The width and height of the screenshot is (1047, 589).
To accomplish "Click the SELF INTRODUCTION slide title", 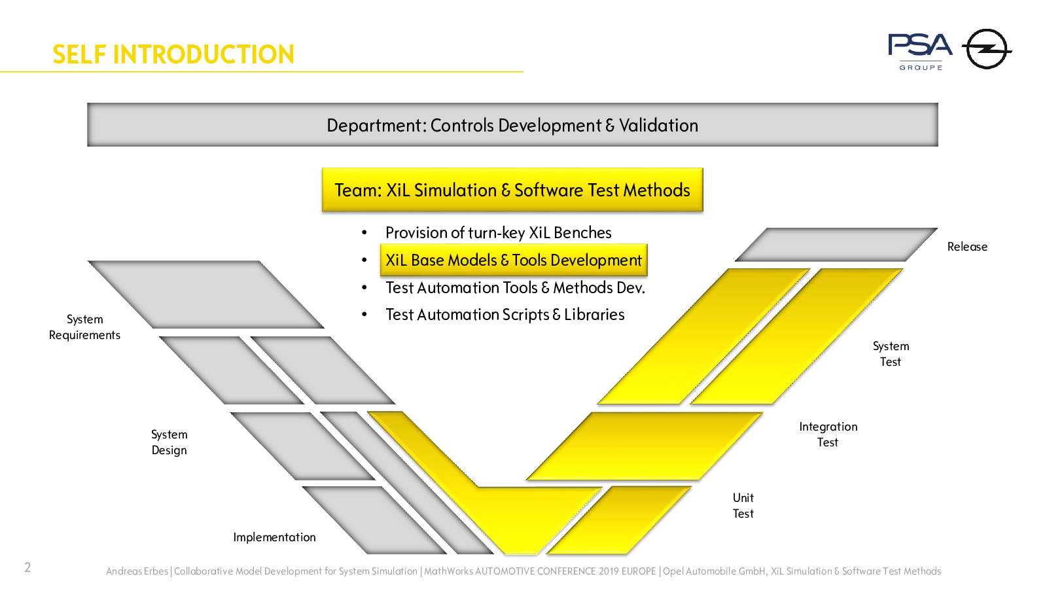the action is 173,54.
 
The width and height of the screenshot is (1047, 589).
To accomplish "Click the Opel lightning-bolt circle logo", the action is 987,49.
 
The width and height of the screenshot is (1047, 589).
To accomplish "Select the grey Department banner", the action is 512,125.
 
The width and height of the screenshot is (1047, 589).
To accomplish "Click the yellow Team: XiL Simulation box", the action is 512,190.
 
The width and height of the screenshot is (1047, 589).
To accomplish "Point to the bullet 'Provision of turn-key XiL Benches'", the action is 498,233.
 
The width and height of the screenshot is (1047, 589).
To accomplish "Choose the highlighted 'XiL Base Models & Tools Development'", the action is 514,260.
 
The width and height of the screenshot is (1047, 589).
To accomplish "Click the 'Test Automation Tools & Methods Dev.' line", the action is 515,287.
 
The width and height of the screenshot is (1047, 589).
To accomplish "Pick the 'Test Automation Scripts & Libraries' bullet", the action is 505,315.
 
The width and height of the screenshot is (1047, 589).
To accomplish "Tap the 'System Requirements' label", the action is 84,327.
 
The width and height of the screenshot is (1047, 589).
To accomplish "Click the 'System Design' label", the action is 169,442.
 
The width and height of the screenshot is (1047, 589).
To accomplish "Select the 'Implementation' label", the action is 274,537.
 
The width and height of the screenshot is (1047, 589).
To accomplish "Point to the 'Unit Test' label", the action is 743,506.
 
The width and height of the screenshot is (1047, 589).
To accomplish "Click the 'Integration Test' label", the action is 828,435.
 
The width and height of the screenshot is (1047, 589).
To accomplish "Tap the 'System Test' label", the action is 891,354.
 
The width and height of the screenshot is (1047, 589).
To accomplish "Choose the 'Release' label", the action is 968,247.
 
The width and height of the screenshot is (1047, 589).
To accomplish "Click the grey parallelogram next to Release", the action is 836,245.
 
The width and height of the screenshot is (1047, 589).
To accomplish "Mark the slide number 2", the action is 27,567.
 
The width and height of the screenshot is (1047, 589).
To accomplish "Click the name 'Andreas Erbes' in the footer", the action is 137,571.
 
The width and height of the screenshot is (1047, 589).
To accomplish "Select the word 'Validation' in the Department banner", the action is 658,125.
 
